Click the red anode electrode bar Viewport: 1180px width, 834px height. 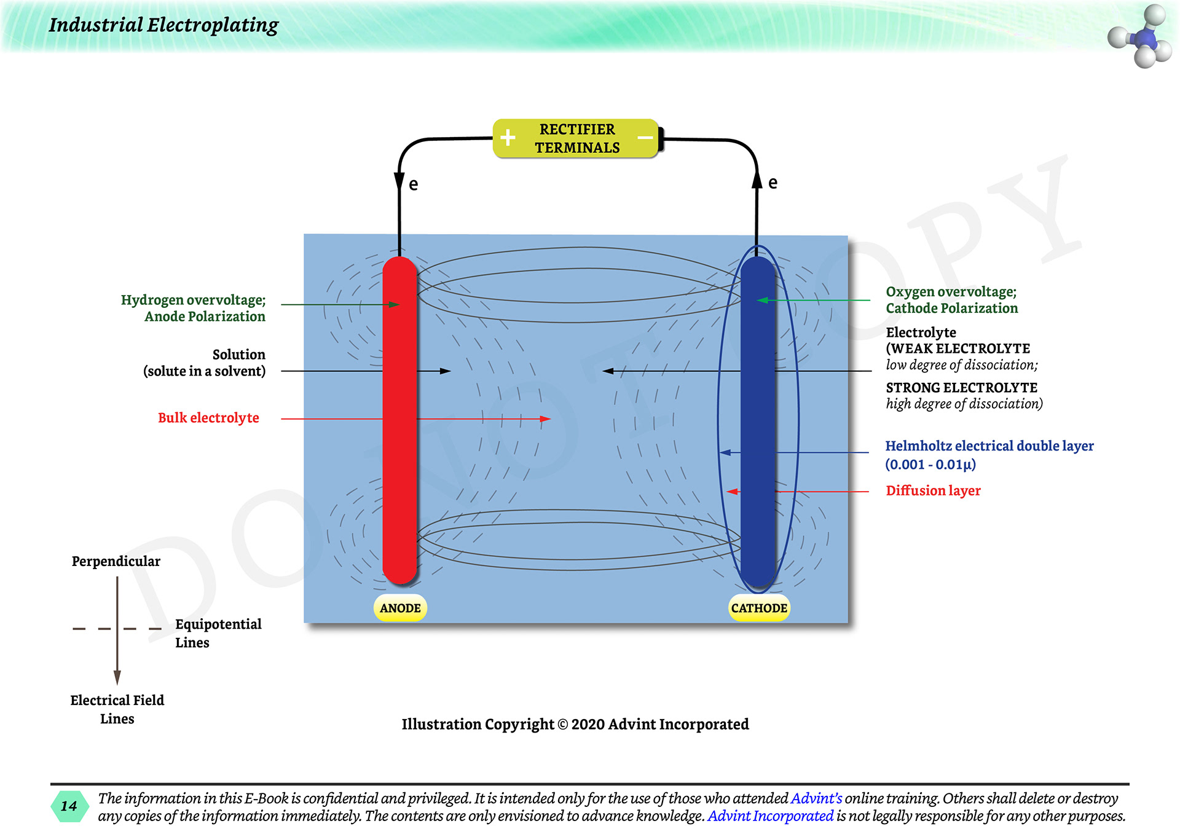[x=399, y=418]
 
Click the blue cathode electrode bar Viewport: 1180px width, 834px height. [x=757, y=418]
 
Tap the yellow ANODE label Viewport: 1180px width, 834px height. [x=400, y=608]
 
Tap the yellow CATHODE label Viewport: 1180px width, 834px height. [x=759, y=608]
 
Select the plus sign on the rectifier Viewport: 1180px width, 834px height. [x=508, y=138]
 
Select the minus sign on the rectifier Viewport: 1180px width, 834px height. [x=645, y=138]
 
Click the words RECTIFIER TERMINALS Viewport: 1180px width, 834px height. [x=577, y=138]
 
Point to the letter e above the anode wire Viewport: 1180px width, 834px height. [x=414, y=184]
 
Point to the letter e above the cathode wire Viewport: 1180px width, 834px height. [x=773, y=183]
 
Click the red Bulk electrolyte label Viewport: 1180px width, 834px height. [x=208, y=418]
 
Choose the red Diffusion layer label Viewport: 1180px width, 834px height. [x=933, y=490]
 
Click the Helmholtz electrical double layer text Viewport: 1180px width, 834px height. [x=989, y=446]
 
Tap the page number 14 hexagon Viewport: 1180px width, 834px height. [x=69, y=806]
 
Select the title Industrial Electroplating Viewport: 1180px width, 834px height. [x=163, y=25]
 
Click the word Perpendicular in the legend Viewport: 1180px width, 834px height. [x=116, y=561]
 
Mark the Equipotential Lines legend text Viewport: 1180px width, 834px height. [x=218, y=633]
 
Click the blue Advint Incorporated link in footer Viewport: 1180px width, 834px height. [x=771, y=816]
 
